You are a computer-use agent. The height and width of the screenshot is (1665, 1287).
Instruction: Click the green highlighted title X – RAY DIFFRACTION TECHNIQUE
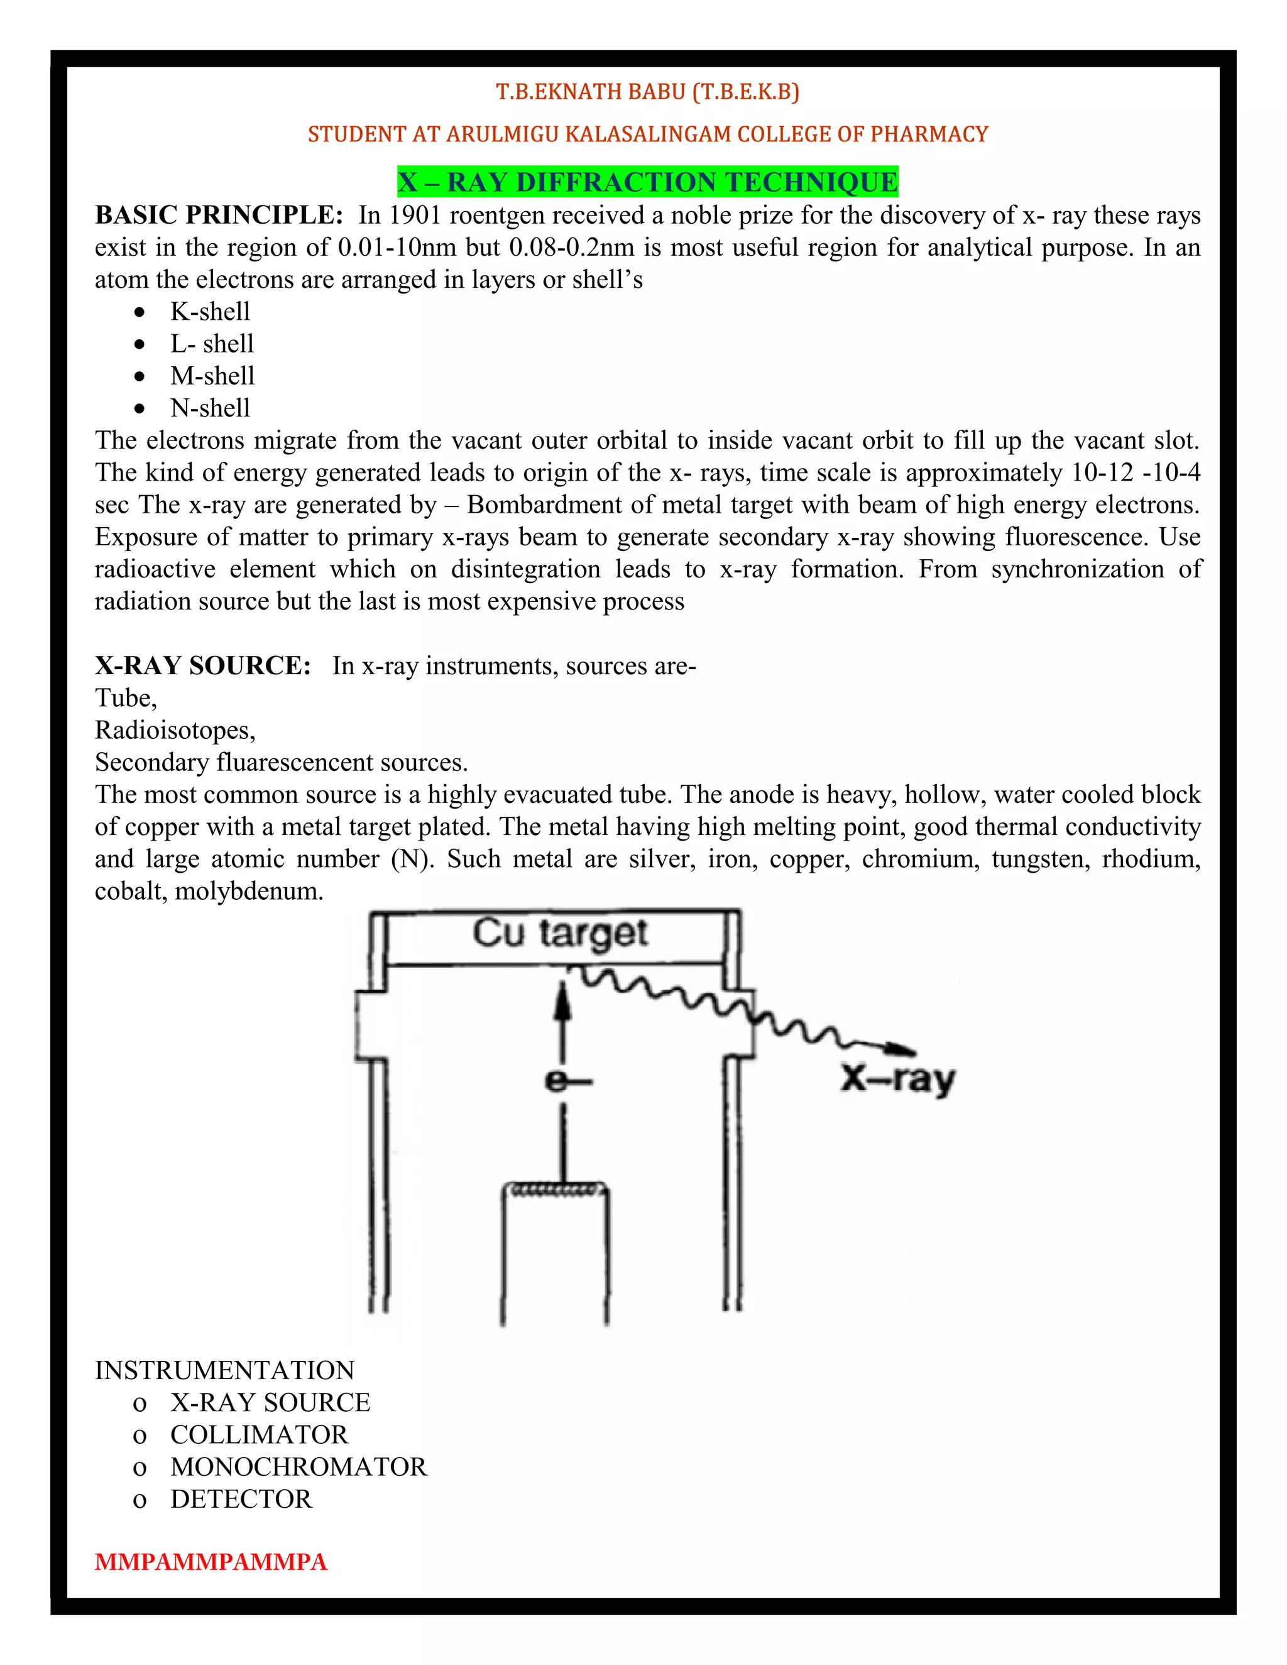pos(647,182)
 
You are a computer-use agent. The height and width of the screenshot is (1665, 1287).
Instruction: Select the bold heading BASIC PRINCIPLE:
pos(219,215)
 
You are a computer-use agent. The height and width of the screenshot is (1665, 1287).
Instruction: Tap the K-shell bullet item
pos(210,311)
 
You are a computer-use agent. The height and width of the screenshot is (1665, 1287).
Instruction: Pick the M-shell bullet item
pos(212,376)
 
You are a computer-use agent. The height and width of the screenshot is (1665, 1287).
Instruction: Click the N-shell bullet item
pos(210,408)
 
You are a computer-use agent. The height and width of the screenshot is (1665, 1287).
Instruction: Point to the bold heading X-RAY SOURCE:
pos(203,665)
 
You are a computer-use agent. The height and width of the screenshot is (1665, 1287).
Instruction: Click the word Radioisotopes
pos(174,730)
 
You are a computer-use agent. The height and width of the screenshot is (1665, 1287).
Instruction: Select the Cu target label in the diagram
pos(560,933)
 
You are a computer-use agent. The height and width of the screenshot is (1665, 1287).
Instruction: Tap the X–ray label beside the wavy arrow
pos(897,1079)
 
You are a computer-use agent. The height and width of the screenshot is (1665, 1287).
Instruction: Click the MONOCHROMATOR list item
pos(298,1467)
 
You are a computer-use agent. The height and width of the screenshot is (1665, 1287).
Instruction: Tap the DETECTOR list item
pos(241,1498)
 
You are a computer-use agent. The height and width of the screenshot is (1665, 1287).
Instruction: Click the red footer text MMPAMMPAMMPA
pos(211,1562)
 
